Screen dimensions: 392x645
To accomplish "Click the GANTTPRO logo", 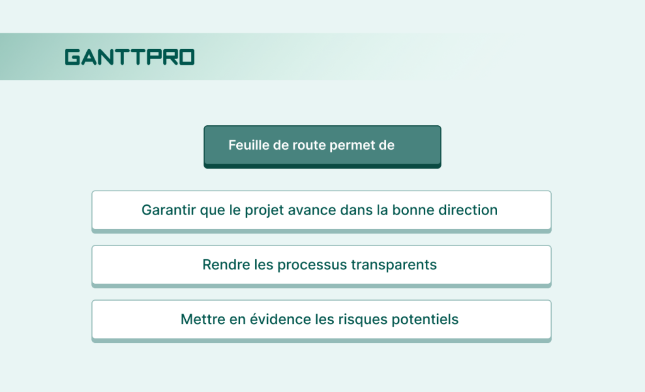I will point(129,57).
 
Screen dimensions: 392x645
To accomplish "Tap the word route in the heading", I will point(308,145).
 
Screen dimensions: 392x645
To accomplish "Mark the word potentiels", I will point(425,320).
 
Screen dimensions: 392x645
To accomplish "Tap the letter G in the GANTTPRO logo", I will point(72,57).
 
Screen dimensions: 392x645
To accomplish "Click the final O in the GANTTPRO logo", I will point(186,57).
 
